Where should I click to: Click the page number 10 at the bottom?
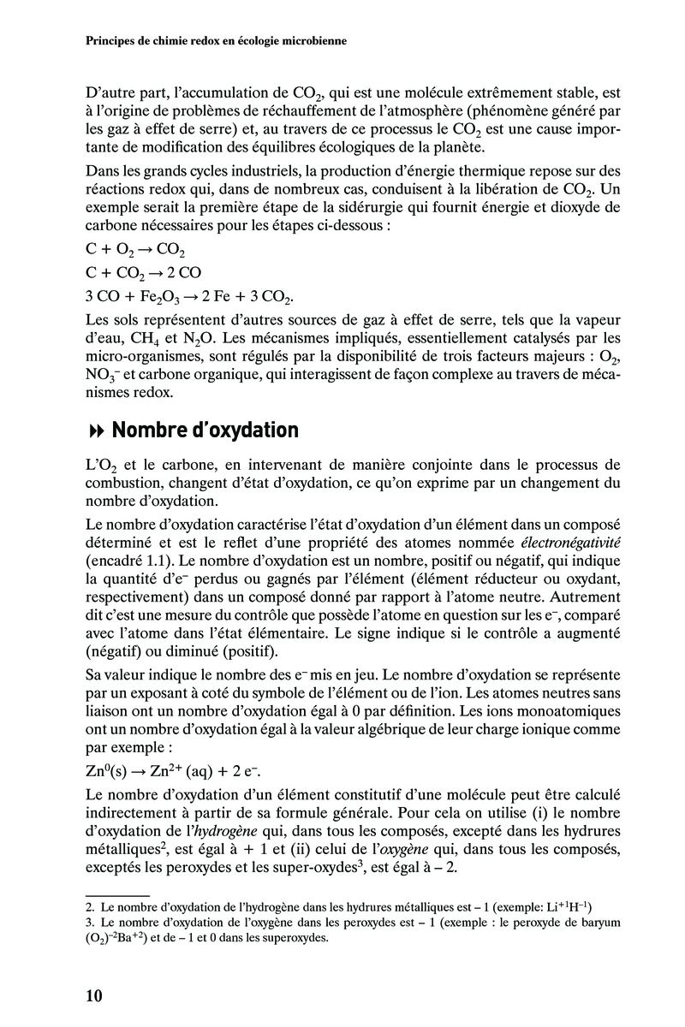tap(94, 995)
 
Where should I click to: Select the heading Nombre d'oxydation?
tap(205, 430)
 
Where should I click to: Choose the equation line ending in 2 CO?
tap(143, 275)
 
